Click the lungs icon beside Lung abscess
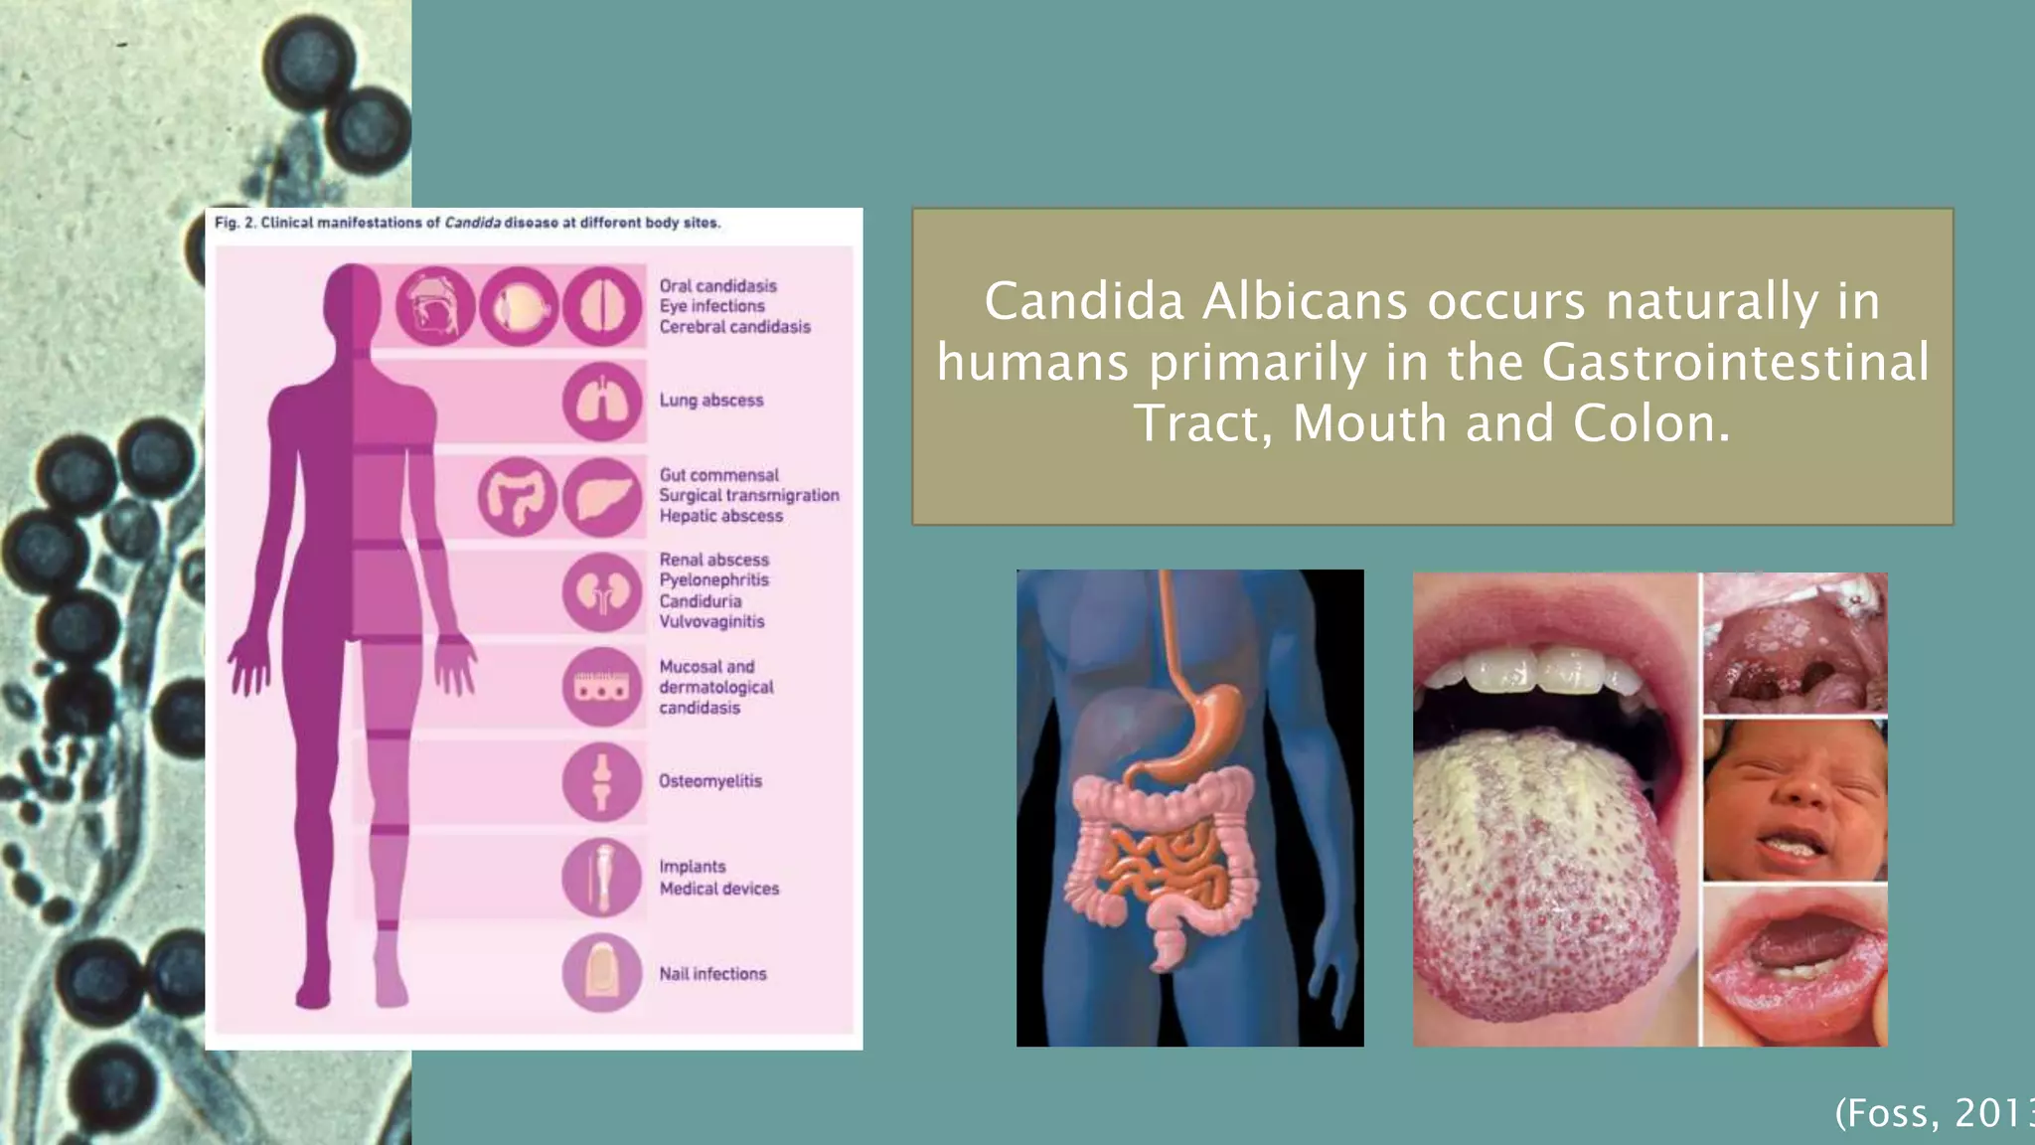pyautogui.click(x=602, y=401)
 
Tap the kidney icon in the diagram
pyautogui.click(x=602, y=592)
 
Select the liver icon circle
pyautogui.click(x=602, y=497)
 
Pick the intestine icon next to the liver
pyautogui.click(x=517, y=497)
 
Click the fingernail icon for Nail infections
pyautogui.click(x=602, y=972)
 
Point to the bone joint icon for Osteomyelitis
pyautogui.click(x=602, y=781)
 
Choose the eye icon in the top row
pyautogui.click(x=519, y=306)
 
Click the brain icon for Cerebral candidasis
pyautogui.click(x=602, y=306)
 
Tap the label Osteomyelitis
pyautogui.click(x=710, y=781)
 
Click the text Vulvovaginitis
pyautogui.click(x=711, y=622)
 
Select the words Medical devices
pyautogui.click(x=719, y=889)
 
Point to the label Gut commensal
pyautogui.click(x=719, y=475)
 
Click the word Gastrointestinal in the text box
pyautogui.click(x=1735, y=362)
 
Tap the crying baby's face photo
pyautogui.click(x=1795, y=801)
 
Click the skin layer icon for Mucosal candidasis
pyautogui.click(x=602, y=687)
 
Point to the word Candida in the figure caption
pyautogui.click(x=472, y=223)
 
